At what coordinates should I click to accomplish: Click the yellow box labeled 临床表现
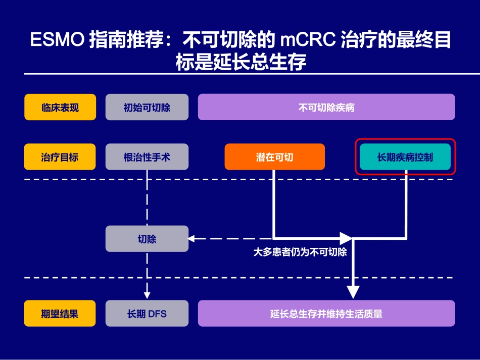(60, 108)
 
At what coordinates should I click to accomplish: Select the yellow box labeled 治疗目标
(60, 157)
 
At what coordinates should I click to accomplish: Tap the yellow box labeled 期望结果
(60, 314)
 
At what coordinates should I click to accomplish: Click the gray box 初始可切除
(147, 108)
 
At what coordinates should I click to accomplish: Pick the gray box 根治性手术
(147, 157)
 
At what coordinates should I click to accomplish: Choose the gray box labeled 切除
(147, 239)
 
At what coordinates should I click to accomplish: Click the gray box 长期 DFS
(147, 314)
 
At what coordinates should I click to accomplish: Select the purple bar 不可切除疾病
(326, 108)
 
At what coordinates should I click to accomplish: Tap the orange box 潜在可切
(274, 157)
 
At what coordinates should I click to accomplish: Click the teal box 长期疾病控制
(405, 157)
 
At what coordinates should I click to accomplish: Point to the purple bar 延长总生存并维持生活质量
(326, 314)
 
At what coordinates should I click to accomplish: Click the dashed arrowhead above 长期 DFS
(147, 292)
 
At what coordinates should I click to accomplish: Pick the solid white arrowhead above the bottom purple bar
(353, 292)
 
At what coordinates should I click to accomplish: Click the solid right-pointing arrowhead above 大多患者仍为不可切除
(346, 238)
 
